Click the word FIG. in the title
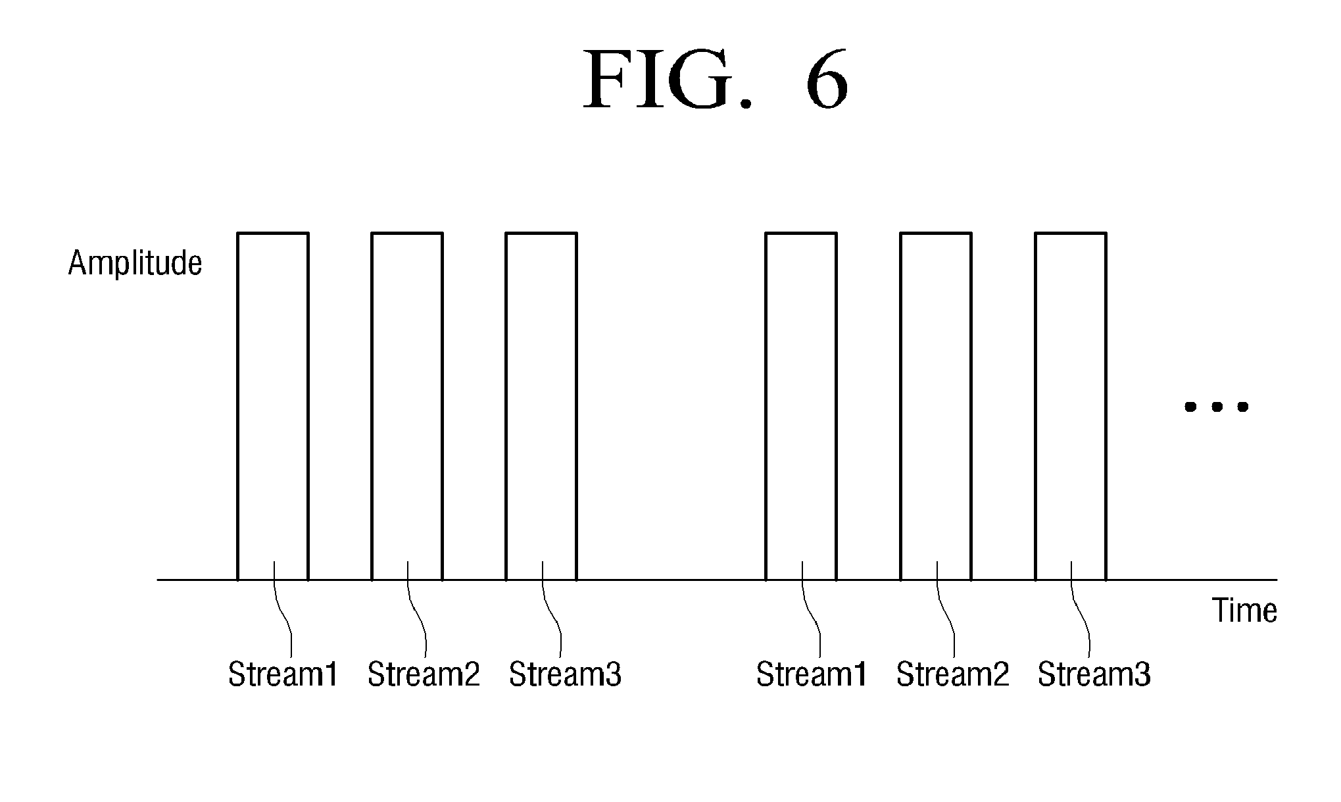click(x=667, y=80)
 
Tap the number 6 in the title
click(x=826, y=80)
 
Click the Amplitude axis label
click(x=135, y=264)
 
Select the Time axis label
click(x=1244, y=611)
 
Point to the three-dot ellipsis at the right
click(x=1216, y=407)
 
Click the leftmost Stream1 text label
click(x=283, y=674)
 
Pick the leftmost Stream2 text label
click(x=424, y=674)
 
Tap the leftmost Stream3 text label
click(x=565, y=674)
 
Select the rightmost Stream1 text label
click(x=812, y=674)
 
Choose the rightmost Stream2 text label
click(x=952, y=674)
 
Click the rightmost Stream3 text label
click(x=1094, y=674)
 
